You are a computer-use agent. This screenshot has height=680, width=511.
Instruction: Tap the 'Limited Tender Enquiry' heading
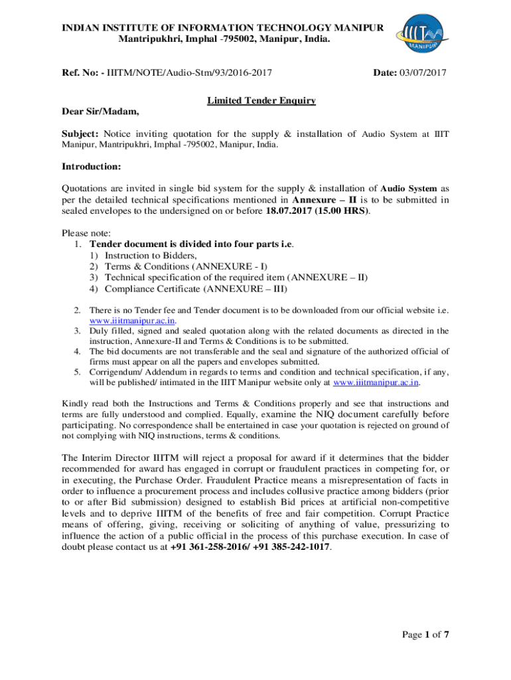point(261,101)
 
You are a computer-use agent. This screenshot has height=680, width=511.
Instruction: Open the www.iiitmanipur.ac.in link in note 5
point(376,382)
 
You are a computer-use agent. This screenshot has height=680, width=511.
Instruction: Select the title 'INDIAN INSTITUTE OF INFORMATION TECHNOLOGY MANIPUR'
point(223,27)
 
